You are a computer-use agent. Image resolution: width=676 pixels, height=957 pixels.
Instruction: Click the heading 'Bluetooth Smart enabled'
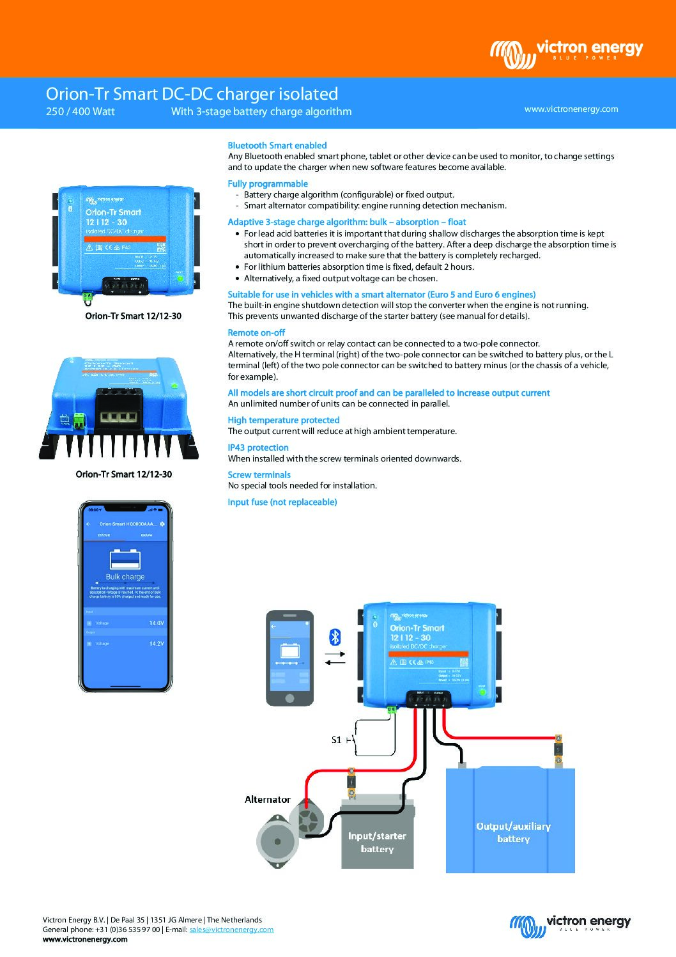coord(277,146)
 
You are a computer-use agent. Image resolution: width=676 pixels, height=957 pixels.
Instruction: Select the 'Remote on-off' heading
coord(256,333)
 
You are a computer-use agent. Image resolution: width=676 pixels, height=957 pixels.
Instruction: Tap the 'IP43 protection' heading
coord(257,448)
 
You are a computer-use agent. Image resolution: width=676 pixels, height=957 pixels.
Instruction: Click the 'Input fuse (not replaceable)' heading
coord(282,502)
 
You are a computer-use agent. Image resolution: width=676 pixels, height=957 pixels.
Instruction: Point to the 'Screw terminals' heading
coord(259,475)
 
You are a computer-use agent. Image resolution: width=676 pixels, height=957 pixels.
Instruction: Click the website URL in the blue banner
coord(571,109)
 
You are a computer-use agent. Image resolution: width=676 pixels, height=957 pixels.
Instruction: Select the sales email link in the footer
coord(231,930)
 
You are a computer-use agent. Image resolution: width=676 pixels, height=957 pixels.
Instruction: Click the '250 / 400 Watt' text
coord(81,112)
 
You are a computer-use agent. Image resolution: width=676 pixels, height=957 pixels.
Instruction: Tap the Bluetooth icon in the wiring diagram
coord(335,637)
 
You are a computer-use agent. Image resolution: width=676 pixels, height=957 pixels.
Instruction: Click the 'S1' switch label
coord(336,740)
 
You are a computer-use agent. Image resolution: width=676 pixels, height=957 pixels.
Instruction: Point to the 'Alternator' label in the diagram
coord(267,800)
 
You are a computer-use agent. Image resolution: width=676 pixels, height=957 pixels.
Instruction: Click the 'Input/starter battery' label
coord(377,843)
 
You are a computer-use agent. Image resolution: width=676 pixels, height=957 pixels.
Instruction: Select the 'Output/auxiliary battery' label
coord(513,832)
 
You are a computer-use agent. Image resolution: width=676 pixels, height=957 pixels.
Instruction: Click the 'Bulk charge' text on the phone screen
coord(125,577)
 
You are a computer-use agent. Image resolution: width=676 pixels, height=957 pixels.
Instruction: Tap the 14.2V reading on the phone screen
coord(156,644)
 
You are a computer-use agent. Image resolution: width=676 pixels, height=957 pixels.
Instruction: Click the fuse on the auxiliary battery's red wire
coord(558,750)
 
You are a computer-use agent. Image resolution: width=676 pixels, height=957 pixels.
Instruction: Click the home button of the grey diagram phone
coord(289,697)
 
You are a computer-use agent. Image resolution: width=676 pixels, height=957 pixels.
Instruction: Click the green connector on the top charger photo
coord(87,297)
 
